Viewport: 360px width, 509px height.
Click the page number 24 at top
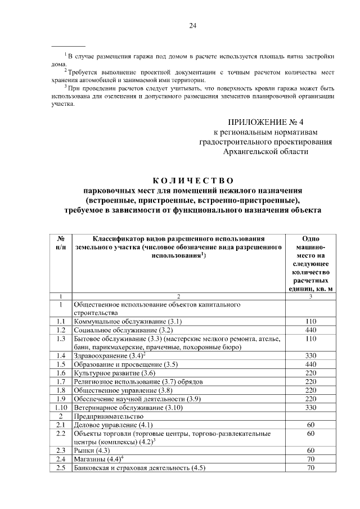pos(192,26)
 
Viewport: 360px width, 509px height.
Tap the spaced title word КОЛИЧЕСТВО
pos(193,181)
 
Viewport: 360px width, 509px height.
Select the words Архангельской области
pos(266,151)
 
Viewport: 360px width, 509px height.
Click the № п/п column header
pos(61,243)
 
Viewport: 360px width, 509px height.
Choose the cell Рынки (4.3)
pos(92,451)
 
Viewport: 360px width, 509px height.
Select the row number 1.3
pos(61,339)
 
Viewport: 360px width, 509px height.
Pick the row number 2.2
pos(61,434)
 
